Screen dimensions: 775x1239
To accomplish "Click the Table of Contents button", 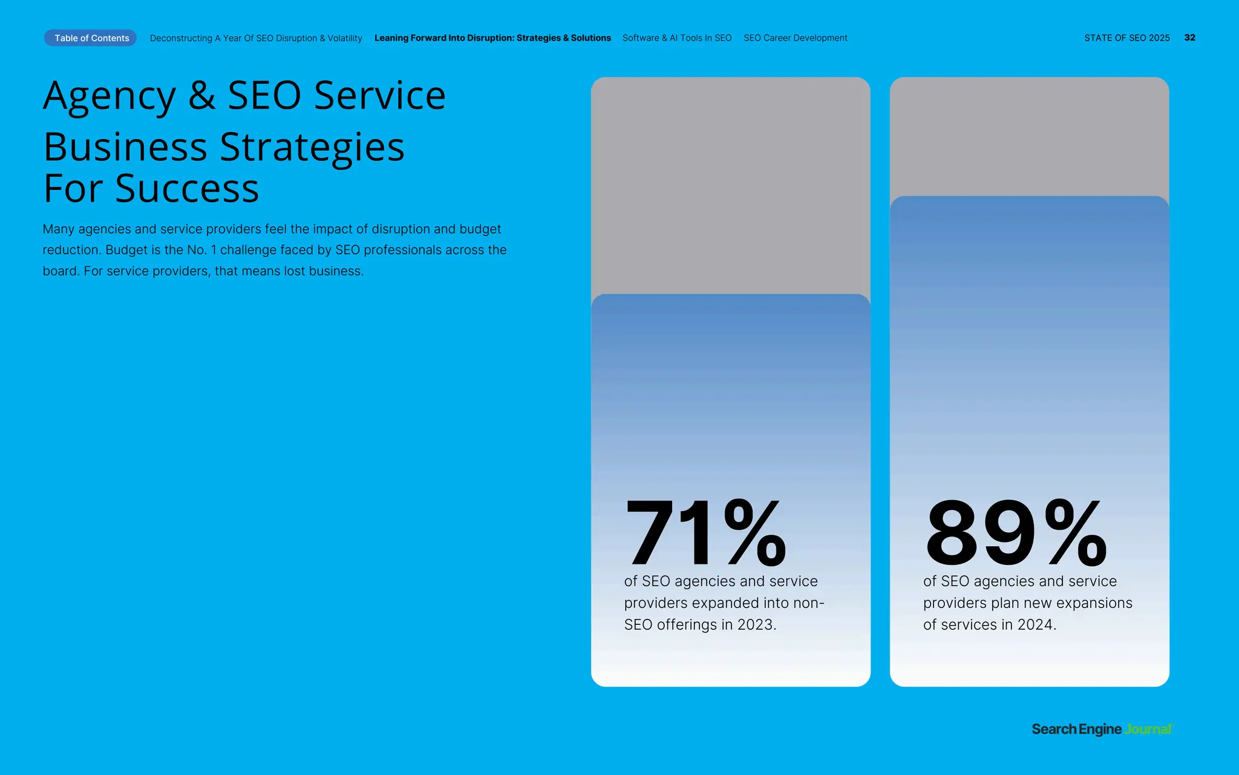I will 91,38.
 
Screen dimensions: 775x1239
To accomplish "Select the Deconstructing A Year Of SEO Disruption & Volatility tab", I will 256,38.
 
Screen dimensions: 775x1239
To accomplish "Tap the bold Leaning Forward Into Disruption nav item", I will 492,38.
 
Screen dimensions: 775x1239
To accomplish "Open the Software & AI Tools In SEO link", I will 677,38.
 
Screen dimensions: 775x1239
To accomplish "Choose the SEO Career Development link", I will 796,38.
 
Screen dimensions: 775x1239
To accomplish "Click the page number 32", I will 1189,38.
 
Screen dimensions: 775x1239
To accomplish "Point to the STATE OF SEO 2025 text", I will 1126,38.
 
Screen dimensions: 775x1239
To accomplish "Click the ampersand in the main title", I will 201,96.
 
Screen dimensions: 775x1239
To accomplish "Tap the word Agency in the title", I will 110,97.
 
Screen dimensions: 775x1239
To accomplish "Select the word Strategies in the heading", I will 312,147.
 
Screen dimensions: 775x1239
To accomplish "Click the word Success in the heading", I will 187,189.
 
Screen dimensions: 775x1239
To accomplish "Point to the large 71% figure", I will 705,533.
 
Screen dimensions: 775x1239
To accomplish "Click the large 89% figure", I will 1016,533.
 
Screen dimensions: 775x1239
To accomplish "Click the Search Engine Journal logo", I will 1102,729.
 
